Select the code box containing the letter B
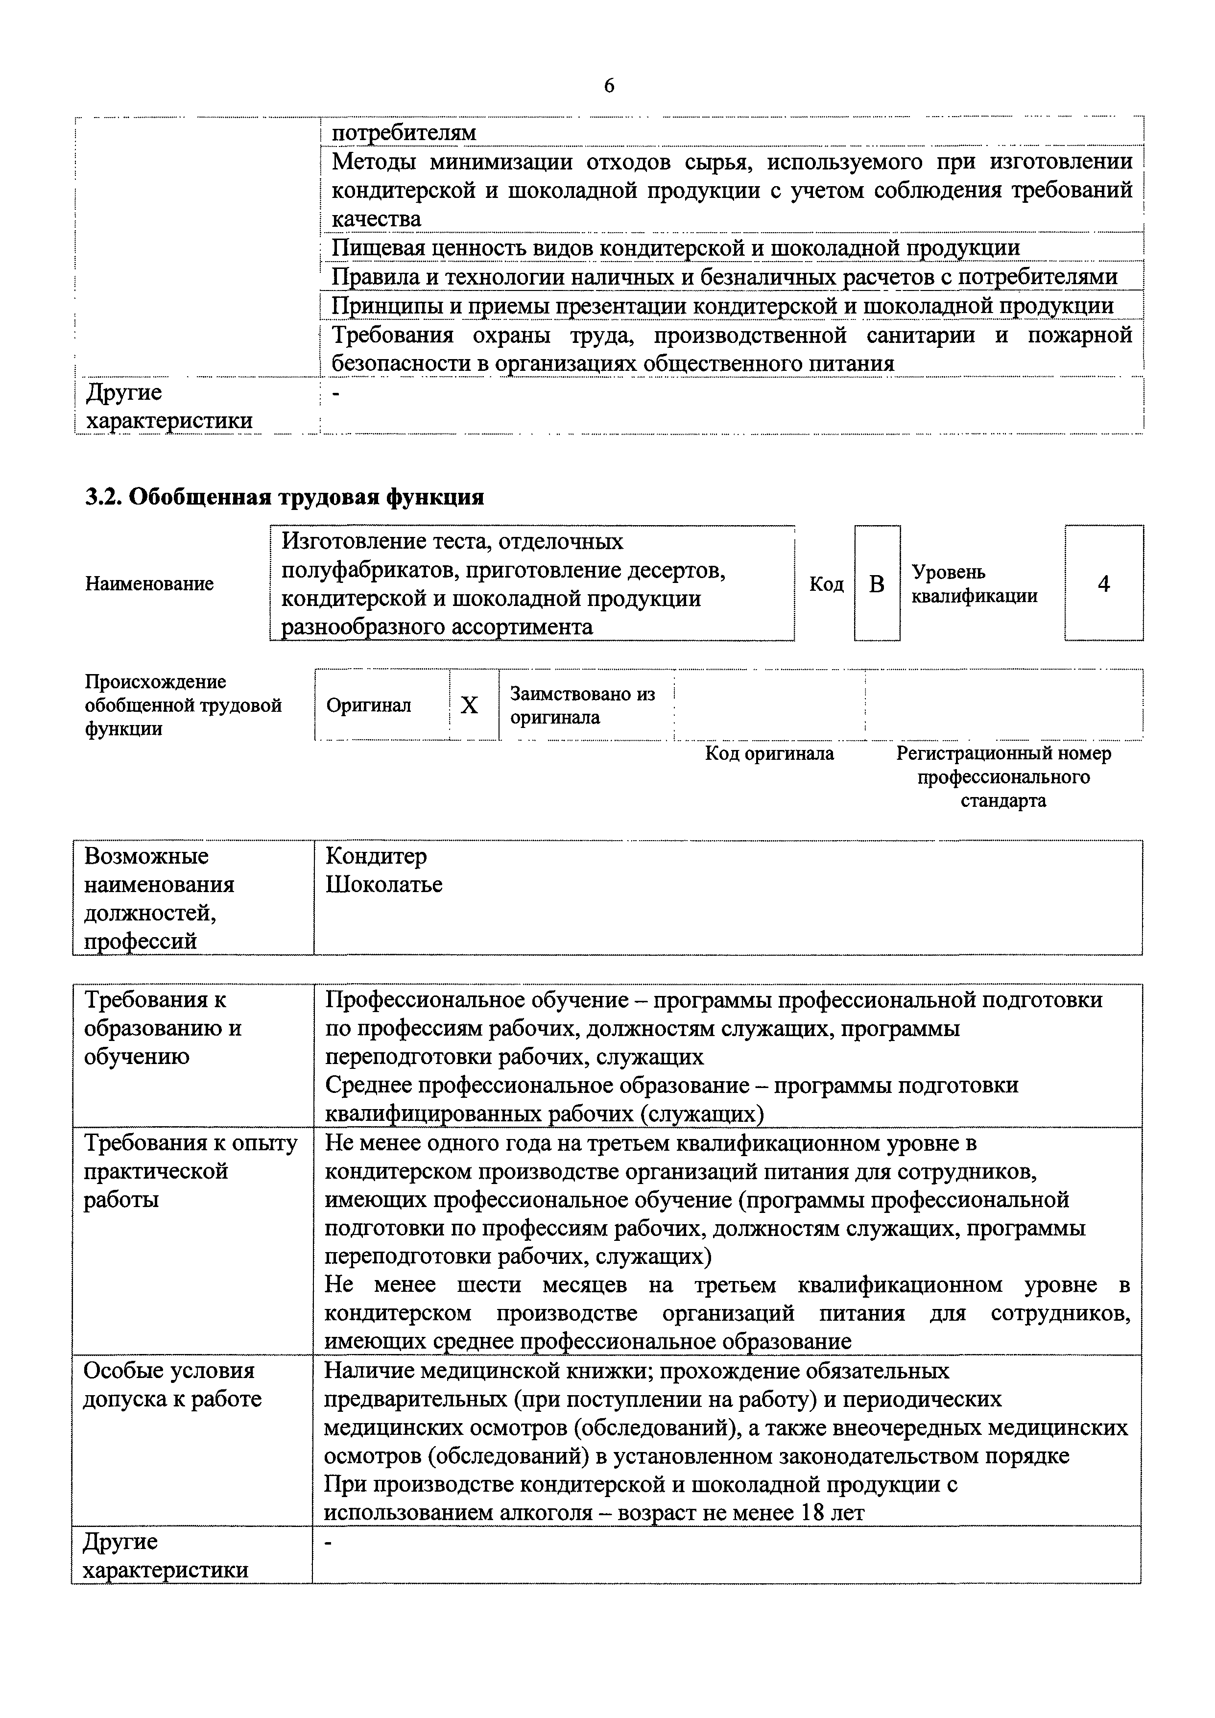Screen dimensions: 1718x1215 (x=877, y=583)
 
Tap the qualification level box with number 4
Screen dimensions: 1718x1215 (x=1103, y=583)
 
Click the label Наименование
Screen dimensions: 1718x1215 (x=150, y=583)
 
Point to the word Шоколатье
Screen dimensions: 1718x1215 (x=384, y=884)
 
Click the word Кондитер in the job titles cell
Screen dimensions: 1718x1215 (x=376, y=855)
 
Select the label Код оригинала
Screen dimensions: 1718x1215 (x=769, y=753)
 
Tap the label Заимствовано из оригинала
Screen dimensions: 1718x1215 (x=582, y=705)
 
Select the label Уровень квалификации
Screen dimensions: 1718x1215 (x=974, y=583)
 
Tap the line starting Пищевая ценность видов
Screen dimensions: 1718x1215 (x=675, y=248)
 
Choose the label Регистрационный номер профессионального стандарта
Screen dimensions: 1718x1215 (x=1003, y=776)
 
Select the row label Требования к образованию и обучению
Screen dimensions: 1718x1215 (x=163, y=1027)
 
